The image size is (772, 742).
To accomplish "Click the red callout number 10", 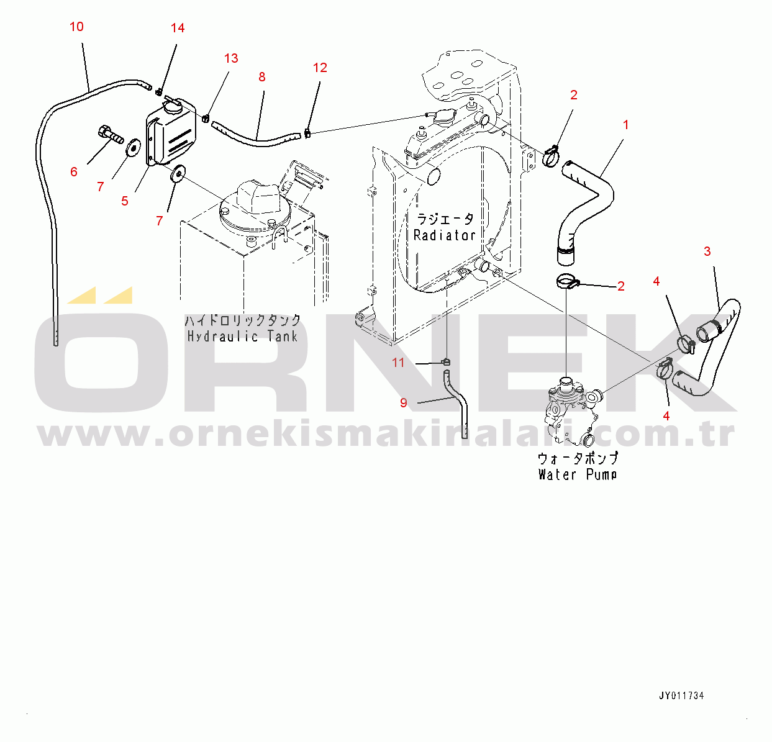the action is click(76, 27).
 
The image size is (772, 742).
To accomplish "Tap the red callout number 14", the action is click(178, 28).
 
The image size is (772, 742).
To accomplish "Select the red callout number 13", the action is click(231, 58).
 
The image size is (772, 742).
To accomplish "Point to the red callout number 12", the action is click(320, 68).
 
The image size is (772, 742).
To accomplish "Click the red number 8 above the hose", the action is click(262, 77).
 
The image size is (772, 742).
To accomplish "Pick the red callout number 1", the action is click(625, 125).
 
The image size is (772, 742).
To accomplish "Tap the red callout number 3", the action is click(707, 251).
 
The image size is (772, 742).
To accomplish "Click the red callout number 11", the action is click(398, 363).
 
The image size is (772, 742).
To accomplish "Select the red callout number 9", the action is click(404, 403).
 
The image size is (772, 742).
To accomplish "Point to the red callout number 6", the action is click(74, 172).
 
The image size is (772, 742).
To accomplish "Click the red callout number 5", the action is click(125, 201).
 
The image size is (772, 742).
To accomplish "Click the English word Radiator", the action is click(444, 235).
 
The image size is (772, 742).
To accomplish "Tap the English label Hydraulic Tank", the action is click(242, 337).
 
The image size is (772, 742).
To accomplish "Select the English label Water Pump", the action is click(578, 474).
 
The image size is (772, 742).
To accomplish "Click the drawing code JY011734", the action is click(681, 695).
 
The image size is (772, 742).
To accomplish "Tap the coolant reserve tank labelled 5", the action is click(171, 132).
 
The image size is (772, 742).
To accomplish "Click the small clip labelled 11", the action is click(447, 361).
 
